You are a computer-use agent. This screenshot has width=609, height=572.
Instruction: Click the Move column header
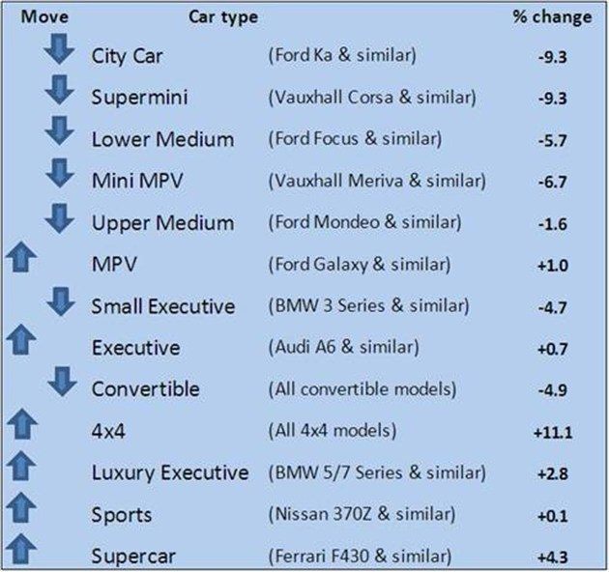point(31,16)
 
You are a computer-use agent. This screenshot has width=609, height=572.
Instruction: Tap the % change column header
point(550,16)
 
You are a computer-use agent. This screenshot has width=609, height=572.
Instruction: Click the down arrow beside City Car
point(60,50)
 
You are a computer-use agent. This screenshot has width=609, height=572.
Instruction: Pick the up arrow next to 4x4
point(20,427)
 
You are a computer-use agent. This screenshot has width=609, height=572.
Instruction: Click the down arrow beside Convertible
point(60,385)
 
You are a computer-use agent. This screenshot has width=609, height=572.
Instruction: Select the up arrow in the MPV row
point(20,260)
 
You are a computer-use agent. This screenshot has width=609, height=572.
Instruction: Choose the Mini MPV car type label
point(139,181)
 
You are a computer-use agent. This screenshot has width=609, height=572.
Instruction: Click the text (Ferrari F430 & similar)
point(359,557)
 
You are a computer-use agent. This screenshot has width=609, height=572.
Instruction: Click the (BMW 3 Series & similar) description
point(367,305)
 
